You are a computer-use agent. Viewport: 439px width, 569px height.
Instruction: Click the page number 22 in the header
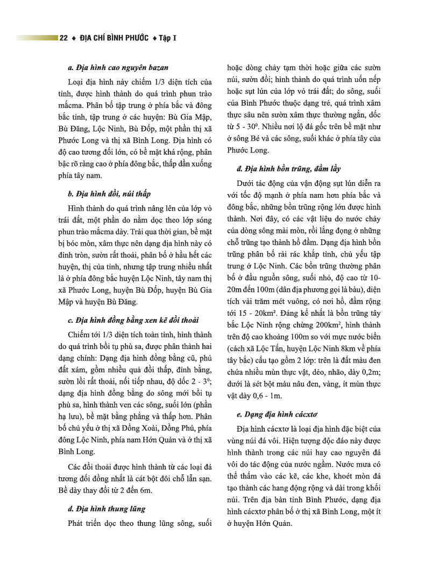[x=63, y=38]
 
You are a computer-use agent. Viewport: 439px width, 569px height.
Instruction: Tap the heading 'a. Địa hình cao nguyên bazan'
[x=118, y=68]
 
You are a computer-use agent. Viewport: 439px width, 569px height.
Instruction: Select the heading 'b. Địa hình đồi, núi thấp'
[x=109, y=193]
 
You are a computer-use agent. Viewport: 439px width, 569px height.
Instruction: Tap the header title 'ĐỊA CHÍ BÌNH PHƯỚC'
[x=113, y=38]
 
